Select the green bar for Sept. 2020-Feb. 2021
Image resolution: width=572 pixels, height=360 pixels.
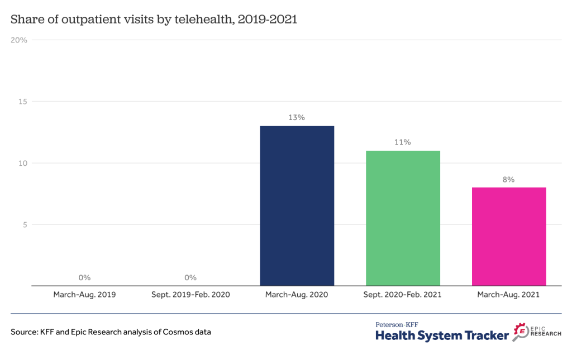point(403,218)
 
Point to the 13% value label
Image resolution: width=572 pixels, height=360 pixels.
point(297,118)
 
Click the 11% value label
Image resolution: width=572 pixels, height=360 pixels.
point(403,142)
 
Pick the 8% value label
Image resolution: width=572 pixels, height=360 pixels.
point(508,180)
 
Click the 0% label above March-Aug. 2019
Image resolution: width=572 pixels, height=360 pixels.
point(84,277)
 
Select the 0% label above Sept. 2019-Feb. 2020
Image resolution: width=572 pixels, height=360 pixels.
point(190,277)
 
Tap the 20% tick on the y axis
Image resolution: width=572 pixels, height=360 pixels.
point(19,40)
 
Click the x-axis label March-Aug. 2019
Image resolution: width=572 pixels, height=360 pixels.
point(84,294)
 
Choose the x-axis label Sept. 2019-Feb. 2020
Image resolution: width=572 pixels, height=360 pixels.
point(190,294)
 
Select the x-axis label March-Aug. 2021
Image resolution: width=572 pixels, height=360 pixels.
point(508,294)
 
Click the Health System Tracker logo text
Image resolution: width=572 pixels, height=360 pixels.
point(442,335)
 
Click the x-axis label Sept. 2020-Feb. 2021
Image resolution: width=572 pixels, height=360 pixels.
point(403,294)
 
